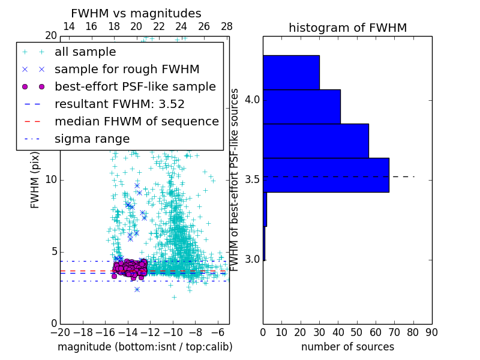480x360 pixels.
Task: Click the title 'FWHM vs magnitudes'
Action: (x=136, y=13)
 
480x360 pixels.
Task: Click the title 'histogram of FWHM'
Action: (x=347, y=28)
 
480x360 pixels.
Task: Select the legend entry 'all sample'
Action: (x=85, y=52)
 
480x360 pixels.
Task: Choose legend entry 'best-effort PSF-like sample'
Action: (x=135, y=87)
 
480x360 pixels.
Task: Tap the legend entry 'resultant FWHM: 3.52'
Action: (x=119, y=104)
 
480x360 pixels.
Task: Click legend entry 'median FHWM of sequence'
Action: (x=136, y=122)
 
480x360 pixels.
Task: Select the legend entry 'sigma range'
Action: (x=92, y=139)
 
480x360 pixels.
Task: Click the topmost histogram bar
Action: (x=291, y=73)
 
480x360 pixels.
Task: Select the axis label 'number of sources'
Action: (x=347, y=347)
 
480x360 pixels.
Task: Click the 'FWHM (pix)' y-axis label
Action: (x=35, y=180)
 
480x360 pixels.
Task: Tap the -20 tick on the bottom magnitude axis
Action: (x=60, y=332)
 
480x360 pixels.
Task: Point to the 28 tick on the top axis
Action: (x=227, y=26)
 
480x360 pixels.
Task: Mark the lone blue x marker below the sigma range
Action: (x=137, y=289)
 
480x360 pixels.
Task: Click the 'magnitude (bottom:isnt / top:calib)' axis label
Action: (x=145, y=347)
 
